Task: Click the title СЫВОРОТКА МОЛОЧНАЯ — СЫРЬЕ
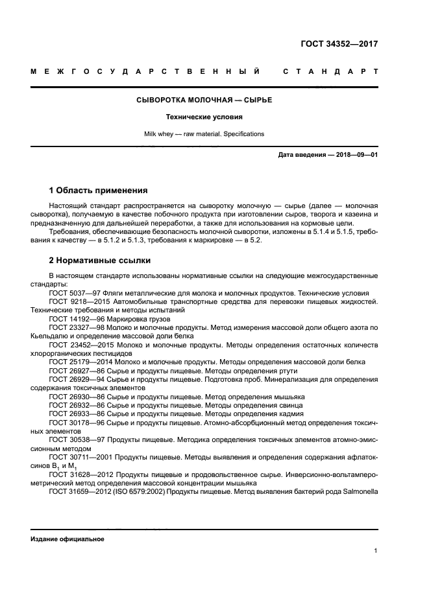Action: coord(204,101)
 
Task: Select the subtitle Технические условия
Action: coord(204,117)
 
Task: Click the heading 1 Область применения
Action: coord(98,191)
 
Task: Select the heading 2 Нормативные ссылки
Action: coord(100,261)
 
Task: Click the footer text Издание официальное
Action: coord(67,539)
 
